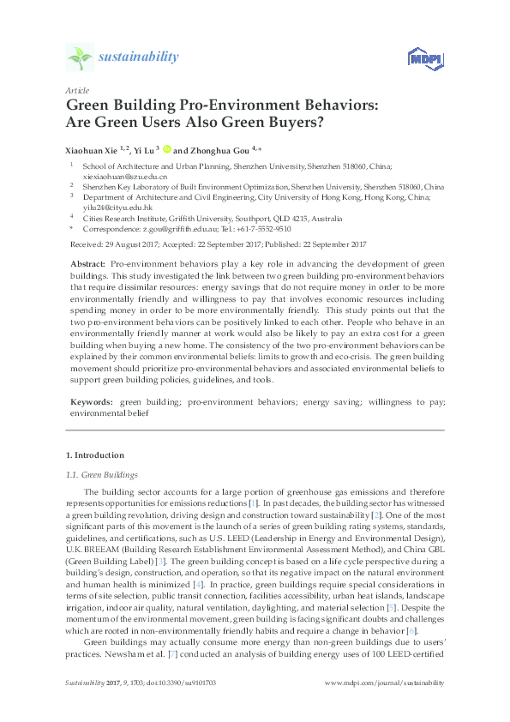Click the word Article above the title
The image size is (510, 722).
point(77,90)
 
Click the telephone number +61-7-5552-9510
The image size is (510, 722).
point(262,229)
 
